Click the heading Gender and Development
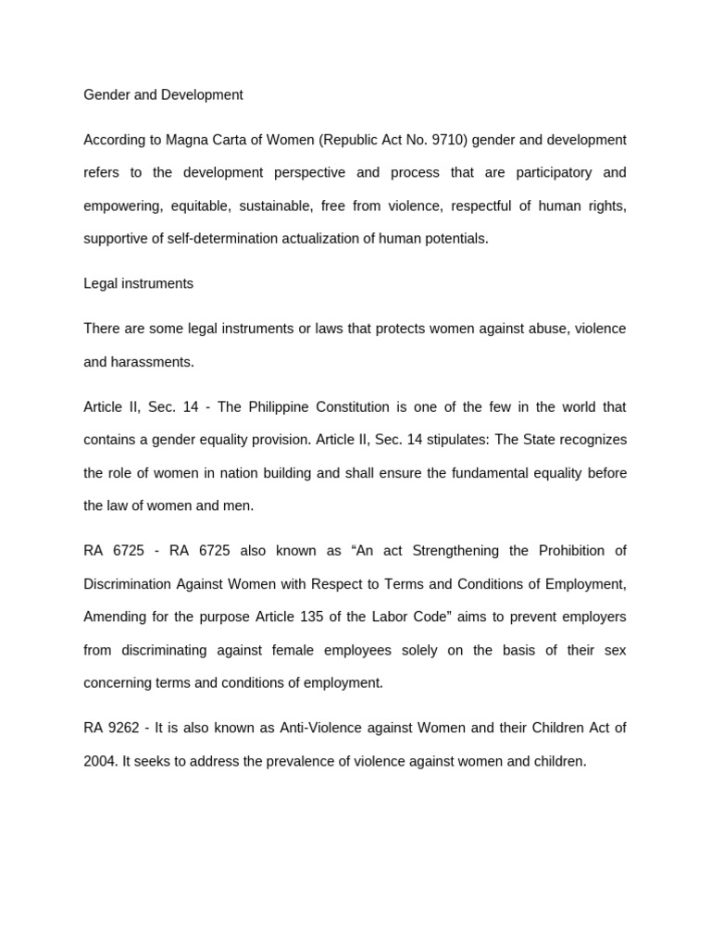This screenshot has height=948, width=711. click(163, 94)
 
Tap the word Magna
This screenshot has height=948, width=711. click(186, 140)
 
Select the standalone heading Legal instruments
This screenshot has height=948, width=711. click(138, 283)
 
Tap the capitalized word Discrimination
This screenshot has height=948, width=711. click(126, 583)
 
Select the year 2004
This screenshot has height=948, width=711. click(99, 761)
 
